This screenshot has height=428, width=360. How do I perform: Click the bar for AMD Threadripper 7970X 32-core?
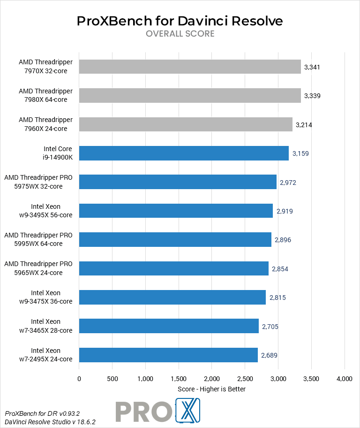point(190,67)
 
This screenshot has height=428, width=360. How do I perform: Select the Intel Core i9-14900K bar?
point(184,153)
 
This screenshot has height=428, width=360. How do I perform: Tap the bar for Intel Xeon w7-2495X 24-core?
point(168,355)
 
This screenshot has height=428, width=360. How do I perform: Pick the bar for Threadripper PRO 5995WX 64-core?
point(175,239)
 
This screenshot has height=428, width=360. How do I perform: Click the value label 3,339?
point(312,96)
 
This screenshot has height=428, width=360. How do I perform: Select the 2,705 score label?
point(270,326)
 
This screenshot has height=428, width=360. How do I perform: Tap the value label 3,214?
point(304,125)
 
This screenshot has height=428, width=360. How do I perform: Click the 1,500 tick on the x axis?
point(179,379)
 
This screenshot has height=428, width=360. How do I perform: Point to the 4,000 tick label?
point(345,379)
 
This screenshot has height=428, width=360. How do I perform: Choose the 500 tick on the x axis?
point(112,379)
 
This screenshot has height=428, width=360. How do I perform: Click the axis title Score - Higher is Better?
point(211,389)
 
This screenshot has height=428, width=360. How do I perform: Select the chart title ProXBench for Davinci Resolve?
point(180,21)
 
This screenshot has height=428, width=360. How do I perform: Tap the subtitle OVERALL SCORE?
point(180,34)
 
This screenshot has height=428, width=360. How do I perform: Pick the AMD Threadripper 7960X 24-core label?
point(45,124)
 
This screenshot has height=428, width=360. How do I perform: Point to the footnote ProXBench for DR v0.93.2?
point(43,413)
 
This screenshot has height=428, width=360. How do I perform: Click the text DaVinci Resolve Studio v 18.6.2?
point(51,422)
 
